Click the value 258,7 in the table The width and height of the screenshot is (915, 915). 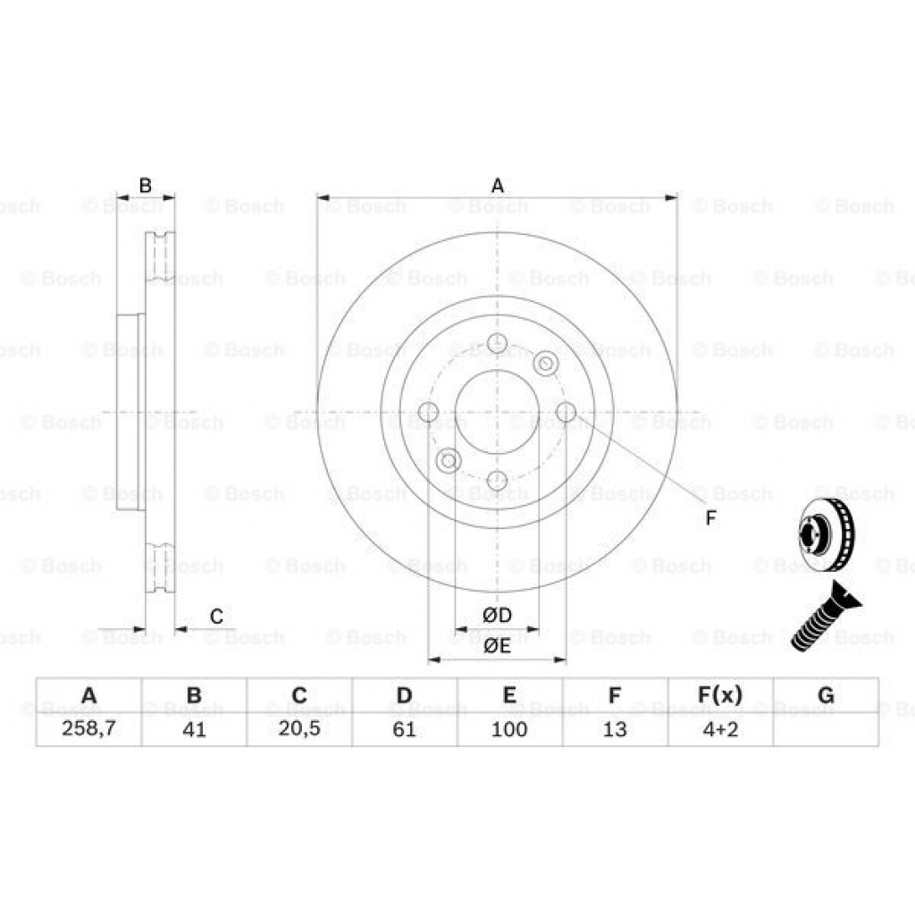point(88,729)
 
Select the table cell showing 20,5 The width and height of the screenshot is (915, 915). point(299,729)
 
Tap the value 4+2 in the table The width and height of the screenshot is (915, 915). point(720,729)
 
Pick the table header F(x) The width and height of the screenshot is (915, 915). point(720,695)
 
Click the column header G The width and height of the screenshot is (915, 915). point(826,695)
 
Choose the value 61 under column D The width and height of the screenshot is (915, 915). point(405,729)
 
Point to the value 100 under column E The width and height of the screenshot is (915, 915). point(509,729)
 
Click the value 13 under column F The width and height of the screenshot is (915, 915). point(615,729)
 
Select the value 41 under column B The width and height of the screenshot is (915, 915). point(194,729)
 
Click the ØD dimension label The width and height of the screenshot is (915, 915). point(497,615)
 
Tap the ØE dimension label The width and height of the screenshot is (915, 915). point(497,646)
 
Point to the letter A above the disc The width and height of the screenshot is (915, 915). point(498,186)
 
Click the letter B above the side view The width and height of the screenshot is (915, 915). point(146,186)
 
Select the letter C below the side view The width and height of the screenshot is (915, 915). point(216,616)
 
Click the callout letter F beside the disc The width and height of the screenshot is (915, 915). point(710,517)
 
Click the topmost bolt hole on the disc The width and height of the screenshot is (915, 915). point(498,343)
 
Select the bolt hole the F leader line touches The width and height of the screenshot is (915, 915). point(566,411)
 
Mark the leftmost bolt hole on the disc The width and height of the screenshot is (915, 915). point(429,412)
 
